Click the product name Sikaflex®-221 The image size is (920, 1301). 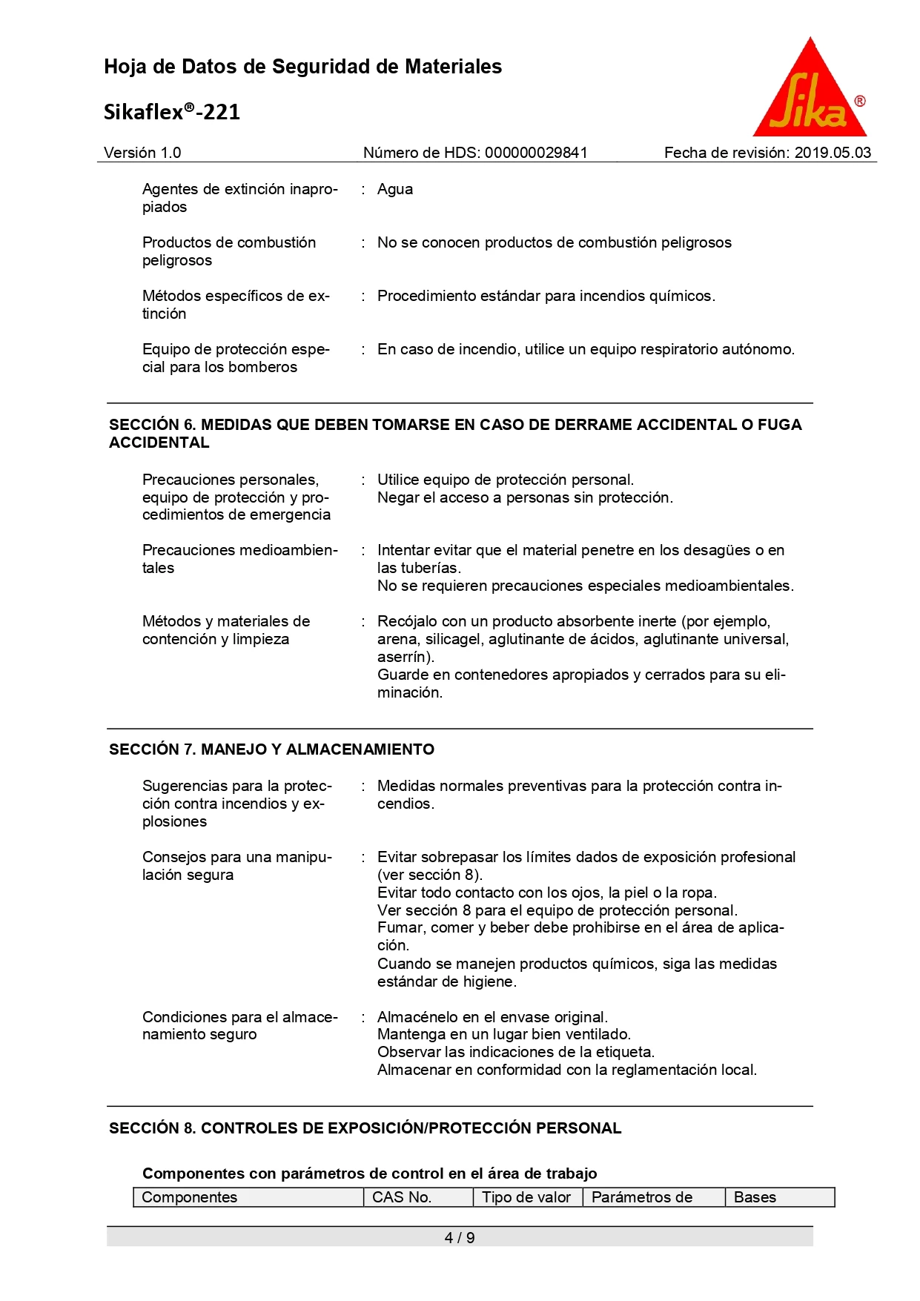(172, 112)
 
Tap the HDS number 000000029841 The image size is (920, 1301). (536, 153)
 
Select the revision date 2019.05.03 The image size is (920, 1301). (833, 153)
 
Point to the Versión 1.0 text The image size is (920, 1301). (142, 153)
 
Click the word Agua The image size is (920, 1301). (395, 189)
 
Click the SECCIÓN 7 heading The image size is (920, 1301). (271, 749)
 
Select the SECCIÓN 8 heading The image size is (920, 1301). (365, 1128)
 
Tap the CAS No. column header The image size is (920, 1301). (402, 1197)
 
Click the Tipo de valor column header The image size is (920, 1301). (526, 1197)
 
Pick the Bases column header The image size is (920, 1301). (755, 1197)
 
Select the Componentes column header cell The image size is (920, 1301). (190, 1197)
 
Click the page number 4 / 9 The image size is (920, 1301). (460, 1237)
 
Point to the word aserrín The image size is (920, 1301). (404, 657)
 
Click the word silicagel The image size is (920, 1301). (454, 639)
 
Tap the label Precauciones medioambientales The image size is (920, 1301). (239, 559)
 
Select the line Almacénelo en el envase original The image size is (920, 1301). (492, 1017)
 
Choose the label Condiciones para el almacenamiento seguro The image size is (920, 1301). (239, 1025)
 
